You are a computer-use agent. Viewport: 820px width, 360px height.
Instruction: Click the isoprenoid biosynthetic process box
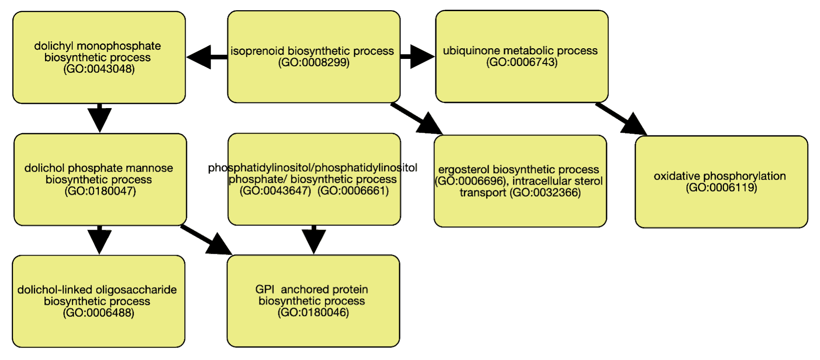tap(314, 57)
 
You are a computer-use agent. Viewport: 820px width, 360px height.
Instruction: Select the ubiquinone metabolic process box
tap(522, 56)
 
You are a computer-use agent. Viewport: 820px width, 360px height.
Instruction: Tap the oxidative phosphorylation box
tap(721, 182)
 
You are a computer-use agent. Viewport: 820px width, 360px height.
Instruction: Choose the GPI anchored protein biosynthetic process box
tap(313, 301)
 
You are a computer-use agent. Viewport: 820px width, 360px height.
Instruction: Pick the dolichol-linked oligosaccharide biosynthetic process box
tap(98, 302)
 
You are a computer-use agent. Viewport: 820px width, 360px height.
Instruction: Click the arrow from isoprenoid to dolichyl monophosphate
tap(207, 57)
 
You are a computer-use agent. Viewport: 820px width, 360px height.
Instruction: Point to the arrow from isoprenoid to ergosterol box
tap(417, 119)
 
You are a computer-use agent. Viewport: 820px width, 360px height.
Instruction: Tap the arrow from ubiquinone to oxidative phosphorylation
tap(621, 119)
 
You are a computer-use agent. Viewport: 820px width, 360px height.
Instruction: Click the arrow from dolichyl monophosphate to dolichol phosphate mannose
tap(99, 118)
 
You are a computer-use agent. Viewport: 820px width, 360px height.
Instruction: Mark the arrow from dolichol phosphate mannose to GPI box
tap(206, 240)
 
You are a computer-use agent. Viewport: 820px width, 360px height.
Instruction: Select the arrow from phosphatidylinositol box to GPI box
tap(314, 240)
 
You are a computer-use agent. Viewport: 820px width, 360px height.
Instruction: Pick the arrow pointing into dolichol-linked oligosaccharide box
tap(99, 240)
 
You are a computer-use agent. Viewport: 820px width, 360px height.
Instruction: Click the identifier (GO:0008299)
tap(314, 63)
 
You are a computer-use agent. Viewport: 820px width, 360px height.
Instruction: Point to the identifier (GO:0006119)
tap(721, 187)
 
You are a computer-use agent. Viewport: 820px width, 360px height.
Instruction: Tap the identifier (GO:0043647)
tap(275, 191)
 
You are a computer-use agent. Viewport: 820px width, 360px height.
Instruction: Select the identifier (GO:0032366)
tap(545, 193)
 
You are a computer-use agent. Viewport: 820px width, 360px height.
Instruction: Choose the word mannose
tap(152, 168)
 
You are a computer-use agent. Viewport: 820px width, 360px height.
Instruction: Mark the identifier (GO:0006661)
tap(353, 191)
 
